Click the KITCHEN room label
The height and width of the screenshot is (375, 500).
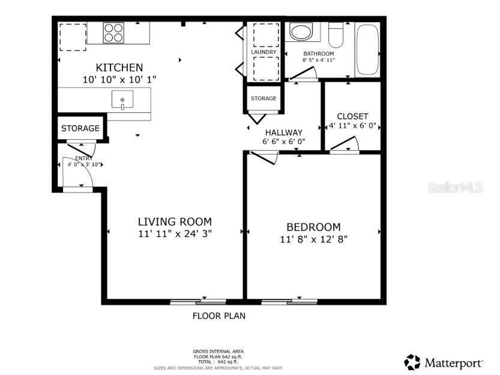pos(119,67)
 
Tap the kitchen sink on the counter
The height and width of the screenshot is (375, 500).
pos(122,100)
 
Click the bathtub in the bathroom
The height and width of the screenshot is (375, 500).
pos(367,50)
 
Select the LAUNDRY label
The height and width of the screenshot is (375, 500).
pos(264,52)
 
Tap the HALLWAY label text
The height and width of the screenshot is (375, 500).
pos(284,132)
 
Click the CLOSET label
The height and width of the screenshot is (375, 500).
pos(352,116)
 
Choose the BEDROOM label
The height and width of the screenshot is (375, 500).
pos(313,227)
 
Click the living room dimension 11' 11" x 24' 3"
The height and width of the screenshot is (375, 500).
pos(175,233)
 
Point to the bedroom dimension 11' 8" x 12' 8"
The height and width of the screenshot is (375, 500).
pos(313,239)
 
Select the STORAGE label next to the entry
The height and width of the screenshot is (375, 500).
pos(80,128)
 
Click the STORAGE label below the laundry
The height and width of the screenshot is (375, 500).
pos(264,98)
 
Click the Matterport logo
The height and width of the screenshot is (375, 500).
pos(444,362)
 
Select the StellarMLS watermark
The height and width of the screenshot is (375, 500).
pos(455,188)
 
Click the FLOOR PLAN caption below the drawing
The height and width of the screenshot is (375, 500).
pos(218,316)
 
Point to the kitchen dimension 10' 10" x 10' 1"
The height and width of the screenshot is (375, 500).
pos(119,79)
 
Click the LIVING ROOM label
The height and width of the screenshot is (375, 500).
pos(175,221)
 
